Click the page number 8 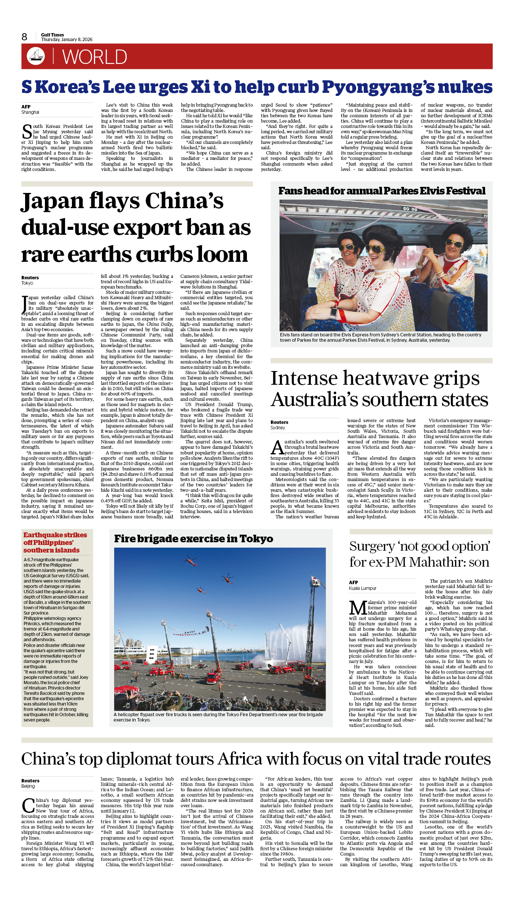pos(24,37)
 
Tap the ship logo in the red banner pos(36,56)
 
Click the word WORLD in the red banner pos(94,57)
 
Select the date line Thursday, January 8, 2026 pos(67,40)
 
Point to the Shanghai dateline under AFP pos(30,112)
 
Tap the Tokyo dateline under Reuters pos(27,283)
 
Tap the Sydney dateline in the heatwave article pos(278,428)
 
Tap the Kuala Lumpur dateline pos(363,588)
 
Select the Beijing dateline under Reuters pos(28,786)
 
